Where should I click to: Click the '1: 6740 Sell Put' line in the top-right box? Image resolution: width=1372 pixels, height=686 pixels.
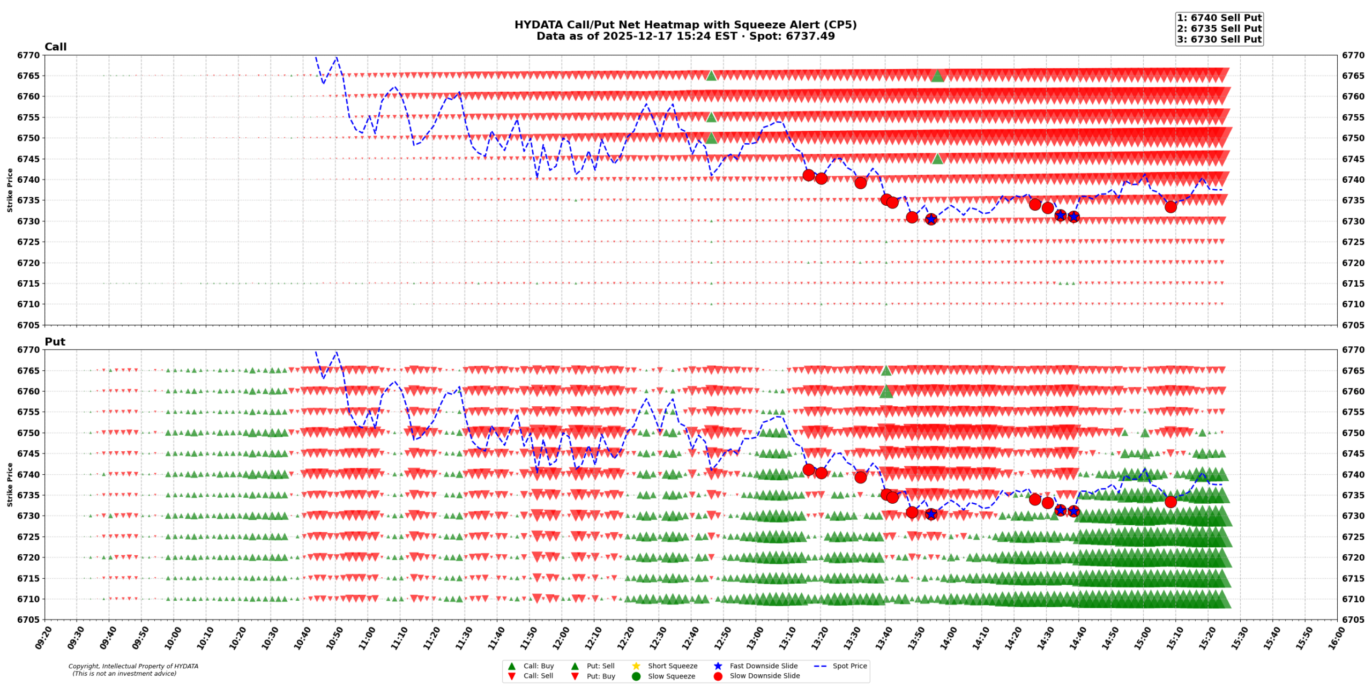pos(1219,18)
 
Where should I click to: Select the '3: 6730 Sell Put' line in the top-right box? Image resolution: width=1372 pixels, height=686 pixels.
pos(1219,39)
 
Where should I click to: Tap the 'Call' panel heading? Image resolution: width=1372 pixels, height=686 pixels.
pos(55,47)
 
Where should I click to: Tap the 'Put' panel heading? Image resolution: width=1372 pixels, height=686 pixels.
pos(55,341)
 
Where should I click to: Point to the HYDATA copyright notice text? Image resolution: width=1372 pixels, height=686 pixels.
pos(133,666)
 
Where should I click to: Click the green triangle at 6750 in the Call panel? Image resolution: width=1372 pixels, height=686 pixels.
pos(711,138)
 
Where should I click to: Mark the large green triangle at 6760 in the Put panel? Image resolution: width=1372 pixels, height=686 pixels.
pos(886,392)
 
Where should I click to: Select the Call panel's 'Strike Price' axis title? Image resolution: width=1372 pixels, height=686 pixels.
pos(10,190)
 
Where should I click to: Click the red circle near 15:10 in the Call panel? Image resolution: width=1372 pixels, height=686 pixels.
pos(1170,207)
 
